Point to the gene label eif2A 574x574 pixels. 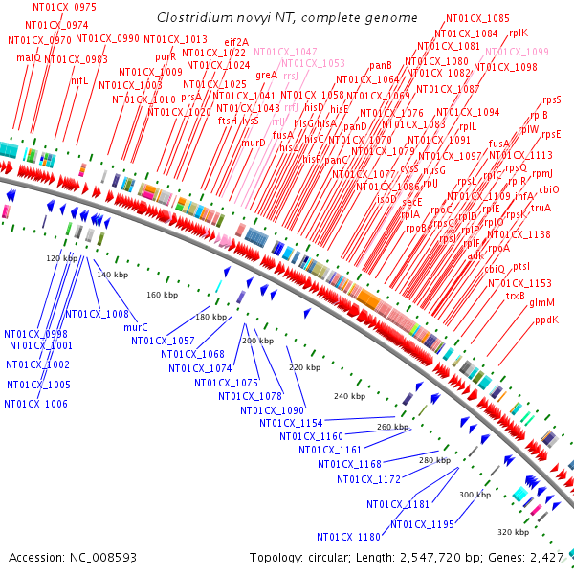point(236,42)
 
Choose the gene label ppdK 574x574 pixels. point(546,320)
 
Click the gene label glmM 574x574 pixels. point(541,302)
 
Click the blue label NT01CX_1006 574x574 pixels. point(35,404)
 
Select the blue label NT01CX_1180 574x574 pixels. point(348,536)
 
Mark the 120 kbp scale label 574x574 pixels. point(60,258)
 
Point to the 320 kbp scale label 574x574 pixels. point(512,531)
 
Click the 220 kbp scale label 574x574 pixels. point(304,367)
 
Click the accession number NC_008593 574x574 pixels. point(106,557)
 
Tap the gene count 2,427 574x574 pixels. point(550,557)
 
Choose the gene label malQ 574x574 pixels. point(29,57)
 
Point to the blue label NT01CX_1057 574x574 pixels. point(163,341)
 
